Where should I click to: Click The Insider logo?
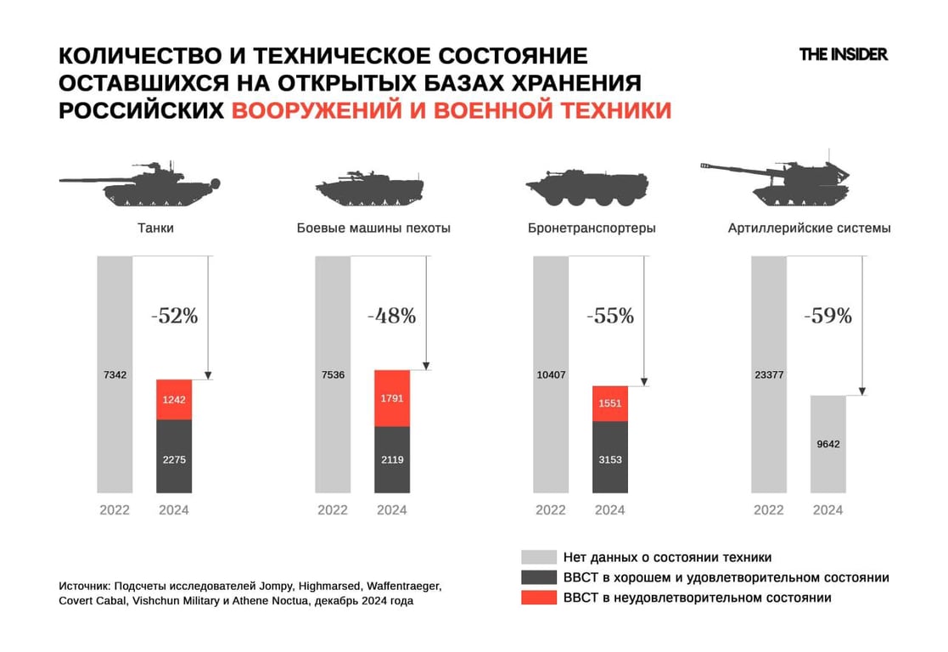pos(843,54)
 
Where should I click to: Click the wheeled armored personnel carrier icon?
pos(586,186)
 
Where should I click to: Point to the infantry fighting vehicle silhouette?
pos(369,186)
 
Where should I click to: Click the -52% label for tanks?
pos(174,317)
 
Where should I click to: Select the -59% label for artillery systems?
pos(827,317)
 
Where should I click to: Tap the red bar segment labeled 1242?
pos(174,399)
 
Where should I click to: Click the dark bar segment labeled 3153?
pos(610,458)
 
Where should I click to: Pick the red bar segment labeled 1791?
pos(392,397)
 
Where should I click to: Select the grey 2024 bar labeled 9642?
pos(827,444)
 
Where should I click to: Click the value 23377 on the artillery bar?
pos(769,374)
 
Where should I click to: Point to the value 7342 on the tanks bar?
pos(115,374)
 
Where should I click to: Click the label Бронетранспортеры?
pos(592,228)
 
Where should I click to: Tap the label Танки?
pos(155,228)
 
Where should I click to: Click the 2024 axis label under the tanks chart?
pos(174,510)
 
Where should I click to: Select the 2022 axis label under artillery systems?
pos(769,510)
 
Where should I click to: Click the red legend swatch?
pos(538,598)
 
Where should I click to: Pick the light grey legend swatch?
pos(538,558)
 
